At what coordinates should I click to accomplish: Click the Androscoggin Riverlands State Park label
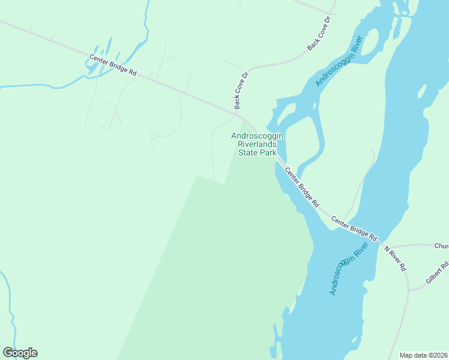point(258,144)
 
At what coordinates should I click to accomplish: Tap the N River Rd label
point(396,258)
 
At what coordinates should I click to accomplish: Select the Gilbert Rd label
point(438,273)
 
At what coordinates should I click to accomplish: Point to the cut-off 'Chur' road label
point(441,245)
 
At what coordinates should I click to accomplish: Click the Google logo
point(20,353)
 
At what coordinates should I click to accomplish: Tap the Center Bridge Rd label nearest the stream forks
point(113,65)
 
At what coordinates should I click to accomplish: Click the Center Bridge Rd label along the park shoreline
point(301,187)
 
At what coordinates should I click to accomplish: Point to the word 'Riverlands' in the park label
point(258,145)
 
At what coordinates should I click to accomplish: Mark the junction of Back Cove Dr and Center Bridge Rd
point(238,111)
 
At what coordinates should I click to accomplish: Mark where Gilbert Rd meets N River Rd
point(408,289)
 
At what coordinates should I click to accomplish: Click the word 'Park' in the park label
point(268,152)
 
